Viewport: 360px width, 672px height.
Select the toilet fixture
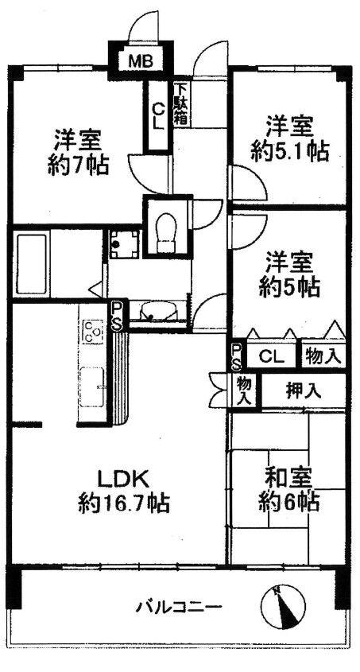pyautogui.click(x=166, y=233)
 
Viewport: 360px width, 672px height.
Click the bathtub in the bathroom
pyautogui.click(x=30, y=262)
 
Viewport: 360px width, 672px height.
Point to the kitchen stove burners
pyautogui.click(x=93, y=332)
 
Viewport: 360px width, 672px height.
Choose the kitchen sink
pyautogui.click(x=92, y=387)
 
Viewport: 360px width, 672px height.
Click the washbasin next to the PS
pyautogui.click(x=158, y=312)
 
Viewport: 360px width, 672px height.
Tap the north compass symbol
pyautogui.click(x=283, y=607)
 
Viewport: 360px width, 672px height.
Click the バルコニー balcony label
pyautogui.click(x=179, y=607)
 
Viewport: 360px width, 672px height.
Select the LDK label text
pyautogui.click(x=124, y=480)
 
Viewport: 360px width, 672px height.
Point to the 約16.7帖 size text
pyautogui.click(x=124, y=503)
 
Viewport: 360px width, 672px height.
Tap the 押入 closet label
pyautogui.click(x=304, y=390)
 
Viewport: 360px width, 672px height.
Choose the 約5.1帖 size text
pyautogui.click(x=290, y=151)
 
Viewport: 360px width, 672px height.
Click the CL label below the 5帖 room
pyautogui.click(x=272, y=357)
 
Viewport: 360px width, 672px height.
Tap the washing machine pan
pyautogui.click(x=124, y=244)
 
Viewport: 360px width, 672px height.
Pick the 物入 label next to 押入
pyautogui.click(x=243, y=390)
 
